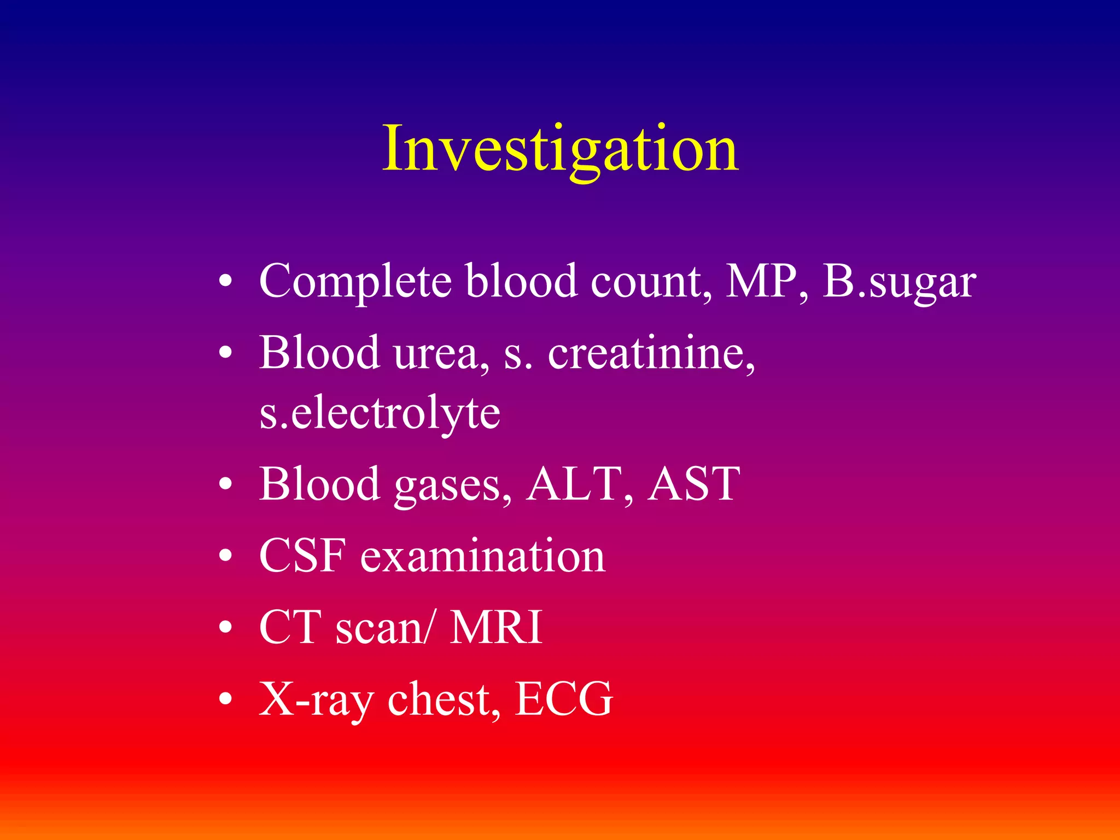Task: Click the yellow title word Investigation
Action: [560, 149]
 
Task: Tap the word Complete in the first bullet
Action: [355, 281]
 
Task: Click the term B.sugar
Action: [899, 282]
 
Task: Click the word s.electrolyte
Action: [380, 413]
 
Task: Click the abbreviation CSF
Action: [302, 556]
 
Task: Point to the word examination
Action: [482, 556]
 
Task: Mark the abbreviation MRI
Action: [495, 627]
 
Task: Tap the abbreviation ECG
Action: [563, 699]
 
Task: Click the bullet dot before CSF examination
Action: [225, 556]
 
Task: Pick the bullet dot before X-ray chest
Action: [225, 699]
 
